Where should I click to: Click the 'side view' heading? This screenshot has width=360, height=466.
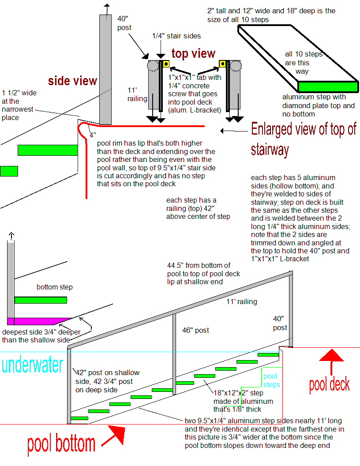pyautogui.click(x=72, y=81)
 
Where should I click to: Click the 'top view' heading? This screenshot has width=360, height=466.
pyautogui.click(x=193, y=54)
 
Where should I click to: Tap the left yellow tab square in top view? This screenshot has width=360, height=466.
pyautogui.click(x=166, y=64)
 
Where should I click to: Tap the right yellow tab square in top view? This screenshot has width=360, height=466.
pyautogui.click(x=223, y=64)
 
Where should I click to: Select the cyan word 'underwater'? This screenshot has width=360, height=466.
pyautogui.click(x=32, y=365)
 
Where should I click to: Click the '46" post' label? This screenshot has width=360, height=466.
pyautogui.click(x=195, y=330)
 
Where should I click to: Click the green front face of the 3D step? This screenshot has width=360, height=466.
pyautogui.click(x=327, y=86)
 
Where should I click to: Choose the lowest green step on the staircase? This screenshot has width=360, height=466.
pyautogui.click(x=79, y=418)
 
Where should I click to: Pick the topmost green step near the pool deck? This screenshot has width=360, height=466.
pyautogui.click(x=268, y=354)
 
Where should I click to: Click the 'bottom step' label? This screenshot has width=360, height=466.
pyautogui.click(x=55, y=287)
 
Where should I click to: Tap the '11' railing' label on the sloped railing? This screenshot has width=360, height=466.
pyautogui.click(x=241, y=302)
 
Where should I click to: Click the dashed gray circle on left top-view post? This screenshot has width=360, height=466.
pyautogui.click(x=153, y=66)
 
